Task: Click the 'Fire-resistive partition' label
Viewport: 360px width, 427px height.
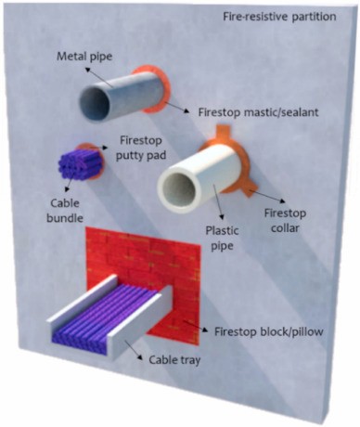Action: tap(279, 17)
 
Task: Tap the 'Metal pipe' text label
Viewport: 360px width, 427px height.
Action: tap(84, 57)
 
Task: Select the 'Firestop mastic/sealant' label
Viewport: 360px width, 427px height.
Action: tap(258, 112)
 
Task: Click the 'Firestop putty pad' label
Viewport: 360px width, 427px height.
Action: tap(141, 148)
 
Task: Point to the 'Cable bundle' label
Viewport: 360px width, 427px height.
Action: tap(65, 211)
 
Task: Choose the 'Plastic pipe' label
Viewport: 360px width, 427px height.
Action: tap(222, 239)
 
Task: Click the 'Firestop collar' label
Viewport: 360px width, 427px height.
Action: tap(285, 221)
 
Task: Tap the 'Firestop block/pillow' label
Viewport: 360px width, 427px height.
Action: tap(269, 331)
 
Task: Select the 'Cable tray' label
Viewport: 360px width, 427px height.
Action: tap(174, 360)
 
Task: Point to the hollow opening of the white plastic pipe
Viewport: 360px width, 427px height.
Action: tap(179, 188)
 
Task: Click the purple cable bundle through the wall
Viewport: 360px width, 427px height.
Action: tap(80, 165)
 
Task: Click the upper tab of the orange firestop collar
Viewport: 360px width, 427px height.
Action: tap(224, 131)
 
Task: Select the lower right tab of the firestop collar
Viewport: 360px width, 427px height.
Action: tap(250, 189)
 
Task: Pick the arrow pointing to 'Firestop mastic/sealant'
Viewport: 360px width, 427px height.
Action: tap(178, 107)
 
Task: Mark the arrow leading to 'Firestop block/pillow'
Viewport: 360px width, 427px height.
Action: tap(196, 327)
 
